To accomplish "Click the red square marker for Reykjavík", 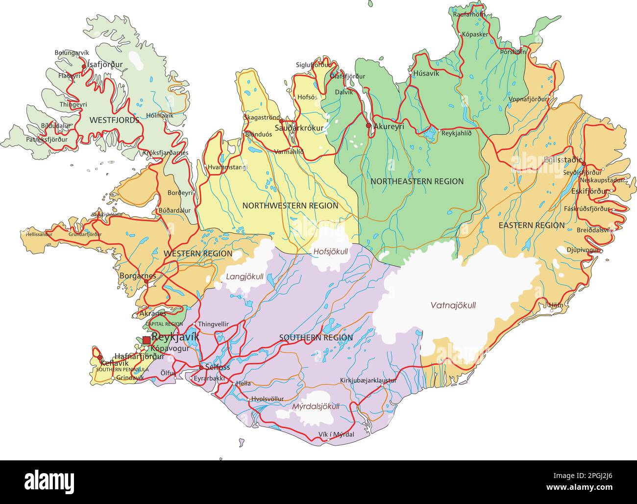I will click(x=146, y=340).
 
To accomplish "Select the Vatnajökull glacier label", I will click(x=453, y=305).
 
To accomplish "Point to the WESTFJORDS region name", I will click(x=114, y=120).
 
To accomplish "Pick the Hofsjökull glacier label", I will click(x=330, y=252).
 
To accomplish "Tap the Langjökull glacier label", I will click(x=245, y=277).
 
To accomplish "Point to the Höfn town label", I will click(x=556, y=304).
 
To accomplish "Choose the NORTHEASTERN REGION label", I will click(x=416, y=181).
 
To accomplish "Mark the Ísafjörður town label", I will click(x=105, y=64).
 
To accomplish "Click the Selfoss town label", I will click(x=218, y=367).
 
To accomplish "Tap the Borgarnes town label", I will click(x=138, y=276).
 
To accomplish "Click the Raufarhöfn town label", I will click(x=469, y=14).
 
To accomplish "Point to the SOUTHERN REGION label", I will click(x=316, y=338).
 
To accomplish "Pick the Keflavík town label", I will click(x=114, y=363).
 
